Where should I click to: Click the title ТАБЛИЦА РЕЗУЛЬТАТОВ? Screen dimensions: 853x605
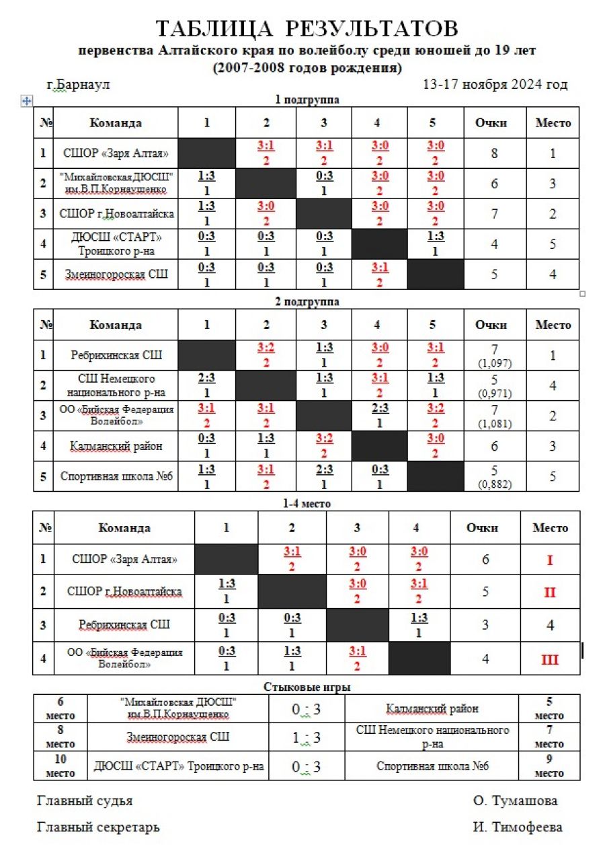point(307,29)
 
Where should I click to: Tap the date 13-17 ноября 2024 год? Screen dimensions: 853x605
point(495,85)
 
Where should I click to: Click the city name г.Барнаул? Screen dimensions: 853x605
point(78,85)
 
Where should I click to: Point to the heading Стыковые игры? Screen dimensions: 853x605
point(307,687)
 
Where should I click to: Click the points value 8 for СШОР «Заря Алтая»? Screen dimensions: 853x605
point(494,153)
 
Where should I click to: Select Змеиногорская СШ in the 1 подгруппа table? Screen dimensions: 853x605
point(115,274)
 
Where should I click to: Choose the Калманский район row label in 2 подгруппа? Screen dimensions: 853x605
point(116,445)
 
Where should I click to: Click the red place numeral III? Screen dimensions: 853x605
point(550,659)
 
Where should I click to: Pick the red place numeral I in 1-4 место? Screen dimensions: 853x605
point(550,560)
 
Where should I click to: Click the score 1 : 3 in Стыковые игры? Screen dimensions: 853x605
point(307,738)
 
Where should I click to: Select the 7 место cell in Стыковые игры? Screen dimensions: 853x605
point(549,737)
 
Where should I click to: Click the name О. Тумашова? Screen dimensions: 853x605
point(515,801)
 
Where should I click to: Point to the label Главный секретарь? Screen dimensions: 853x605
point(98,827)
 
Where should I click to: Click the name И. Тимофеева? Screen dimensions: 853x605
point(517,827)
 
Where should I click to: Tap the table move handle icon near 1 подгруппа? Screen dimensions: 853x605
point(27,101)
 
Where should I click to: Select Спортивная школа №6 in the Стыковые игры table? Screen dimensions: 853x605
point(432,767)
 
